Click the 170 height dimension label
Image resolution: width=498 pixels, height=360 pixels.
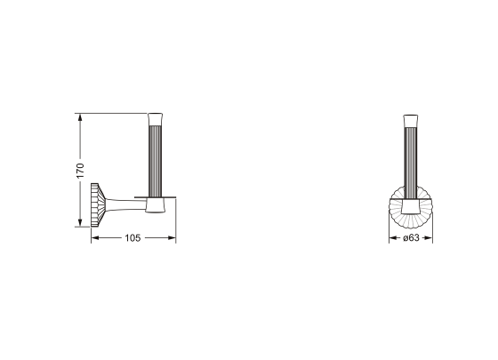pos(80,171)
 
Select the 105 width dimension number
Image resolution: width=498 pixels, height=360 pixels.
pos(133,238)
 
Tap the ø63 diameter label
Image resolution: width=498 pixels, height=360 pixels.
pos(411,238)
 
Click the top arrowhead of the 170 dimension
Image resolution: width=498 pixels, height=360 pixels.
pos(80,116)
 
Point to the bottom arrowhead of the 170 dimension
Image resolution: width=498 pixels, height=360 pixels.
pos(80,223)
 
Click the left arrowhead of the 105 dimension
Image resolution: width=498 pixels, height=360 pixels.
pos(95,238)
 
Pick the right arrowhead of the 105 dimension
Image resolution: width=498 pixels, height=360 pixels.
pos(173,238)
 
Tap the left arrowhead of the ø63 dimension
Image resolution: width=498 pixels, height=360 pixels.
pos(393,238)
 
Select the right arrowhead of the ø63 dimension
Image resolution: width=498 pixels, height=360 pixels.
pos(429,238)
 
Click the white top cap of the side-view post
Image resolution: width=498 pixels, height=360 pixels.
pos(156,120)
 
